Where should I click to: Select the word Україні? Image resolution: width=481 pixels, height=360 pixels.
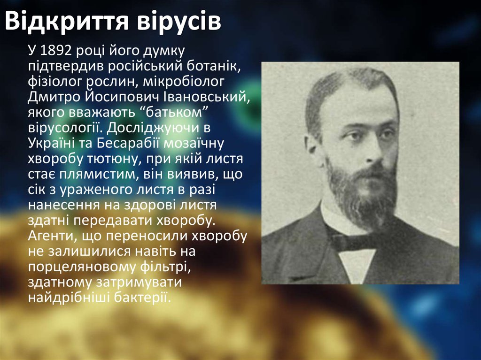[x=50, y=143]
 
